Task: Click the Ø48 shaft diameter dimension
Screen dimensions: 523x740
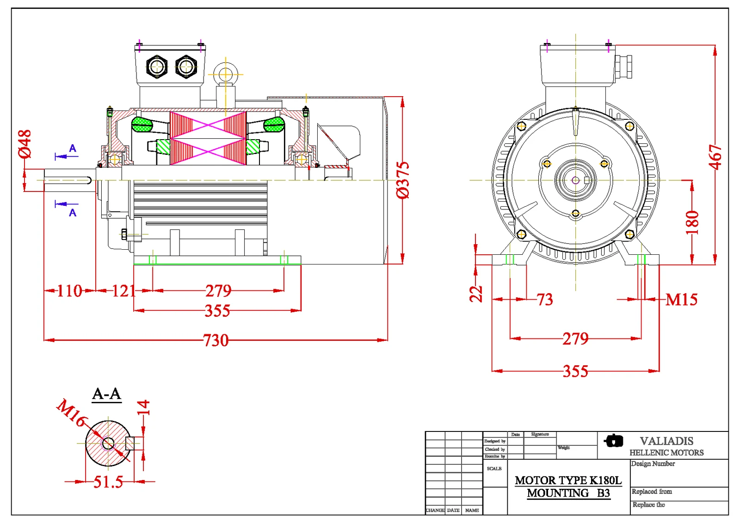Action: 25,144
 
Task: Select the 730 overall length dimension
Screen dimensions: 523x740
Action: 216,341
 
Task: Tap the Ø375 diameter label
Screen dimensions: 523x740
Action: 403,180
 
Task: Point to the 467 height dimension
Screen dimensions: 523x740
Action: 715,157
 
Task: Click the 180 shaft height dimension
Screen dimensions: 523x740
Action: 692,222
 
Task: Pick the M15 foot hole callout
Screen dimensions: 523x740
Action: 681,300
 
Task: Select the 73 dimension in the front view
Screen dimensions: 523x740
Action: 545,300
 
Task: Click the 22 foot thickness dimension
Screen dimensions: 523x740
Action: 476,294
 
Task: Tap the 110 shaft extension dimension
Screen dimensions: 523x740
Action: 69,291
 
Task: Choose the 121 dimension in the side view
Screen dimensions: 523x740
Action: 123,291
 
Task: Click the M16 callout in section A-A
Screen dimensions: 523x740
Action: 71,412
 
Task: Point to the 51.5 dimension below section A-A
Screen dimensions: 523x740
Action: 108,482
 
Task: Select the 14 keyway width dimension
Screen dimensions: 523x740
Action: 143,407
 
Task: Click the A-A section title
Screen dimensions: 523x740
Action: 106,394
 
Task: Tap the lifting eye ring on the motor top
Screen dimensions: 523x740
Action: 225,74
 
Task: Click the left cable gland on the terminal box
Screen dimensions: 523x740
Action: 157,67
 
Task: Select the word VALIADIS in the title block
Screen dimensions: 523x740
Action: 666,441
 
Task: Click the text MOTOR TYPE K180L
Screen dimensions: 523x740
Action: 568,480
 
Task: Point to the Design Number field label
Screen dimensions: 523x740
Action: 653,464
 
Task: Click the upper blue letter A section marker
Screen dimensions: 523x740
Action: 73,148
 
